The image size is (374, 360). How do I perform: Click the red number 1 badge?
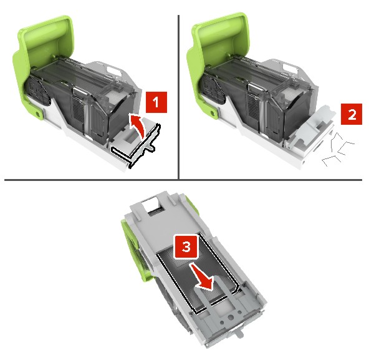[156, 102]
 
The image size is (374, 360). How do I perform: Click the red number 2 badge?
[352, 114]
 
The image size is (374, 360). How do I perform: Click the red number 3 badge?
[186, 246]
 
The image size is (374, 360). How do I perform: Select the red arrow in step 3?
[201, 277]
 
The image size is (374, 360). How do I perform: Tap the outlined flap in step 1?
[135, 145]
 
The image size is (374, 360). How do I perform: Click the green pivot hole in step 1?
[37, 113]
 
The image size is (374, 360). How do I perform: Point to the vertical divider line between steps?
[178, 97]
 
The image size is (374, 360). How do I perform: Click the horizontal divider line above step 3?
[183, 180]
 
